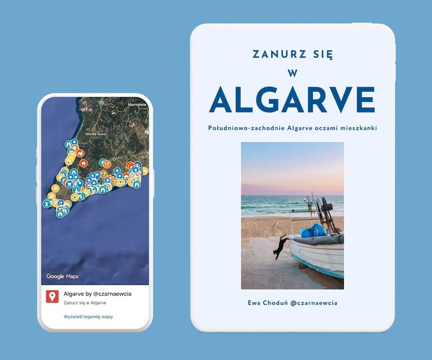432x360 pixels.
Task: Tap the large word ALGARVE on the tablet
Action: coord(292,100)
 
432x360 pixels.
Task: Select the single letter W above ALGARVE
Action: coord(292,74)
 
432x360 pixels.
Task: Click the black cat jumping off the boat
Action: coord(280,247)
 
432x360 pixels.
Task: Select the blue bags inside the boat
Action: coord(313,231)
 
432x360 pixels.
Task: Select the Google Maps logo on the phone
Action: coord(63,276)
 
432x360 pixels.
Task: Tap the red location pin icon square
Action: coord(52,296)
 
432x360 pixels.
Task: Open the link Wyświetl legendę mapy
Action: coord(89,317)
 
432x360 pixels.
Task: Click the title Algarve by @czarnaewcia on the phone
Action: coord(98,294)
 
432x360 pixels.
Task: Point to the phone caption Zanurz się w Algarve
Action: coord(85,303)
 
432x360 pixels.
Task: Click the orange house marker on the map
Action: coord(83,162)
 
